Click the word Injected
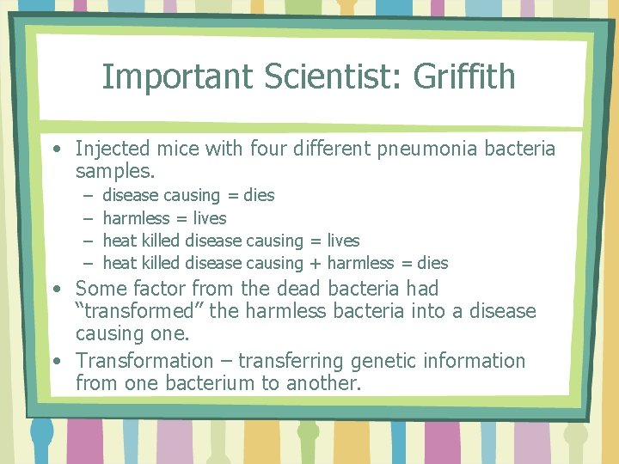(x=113, y=150)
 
